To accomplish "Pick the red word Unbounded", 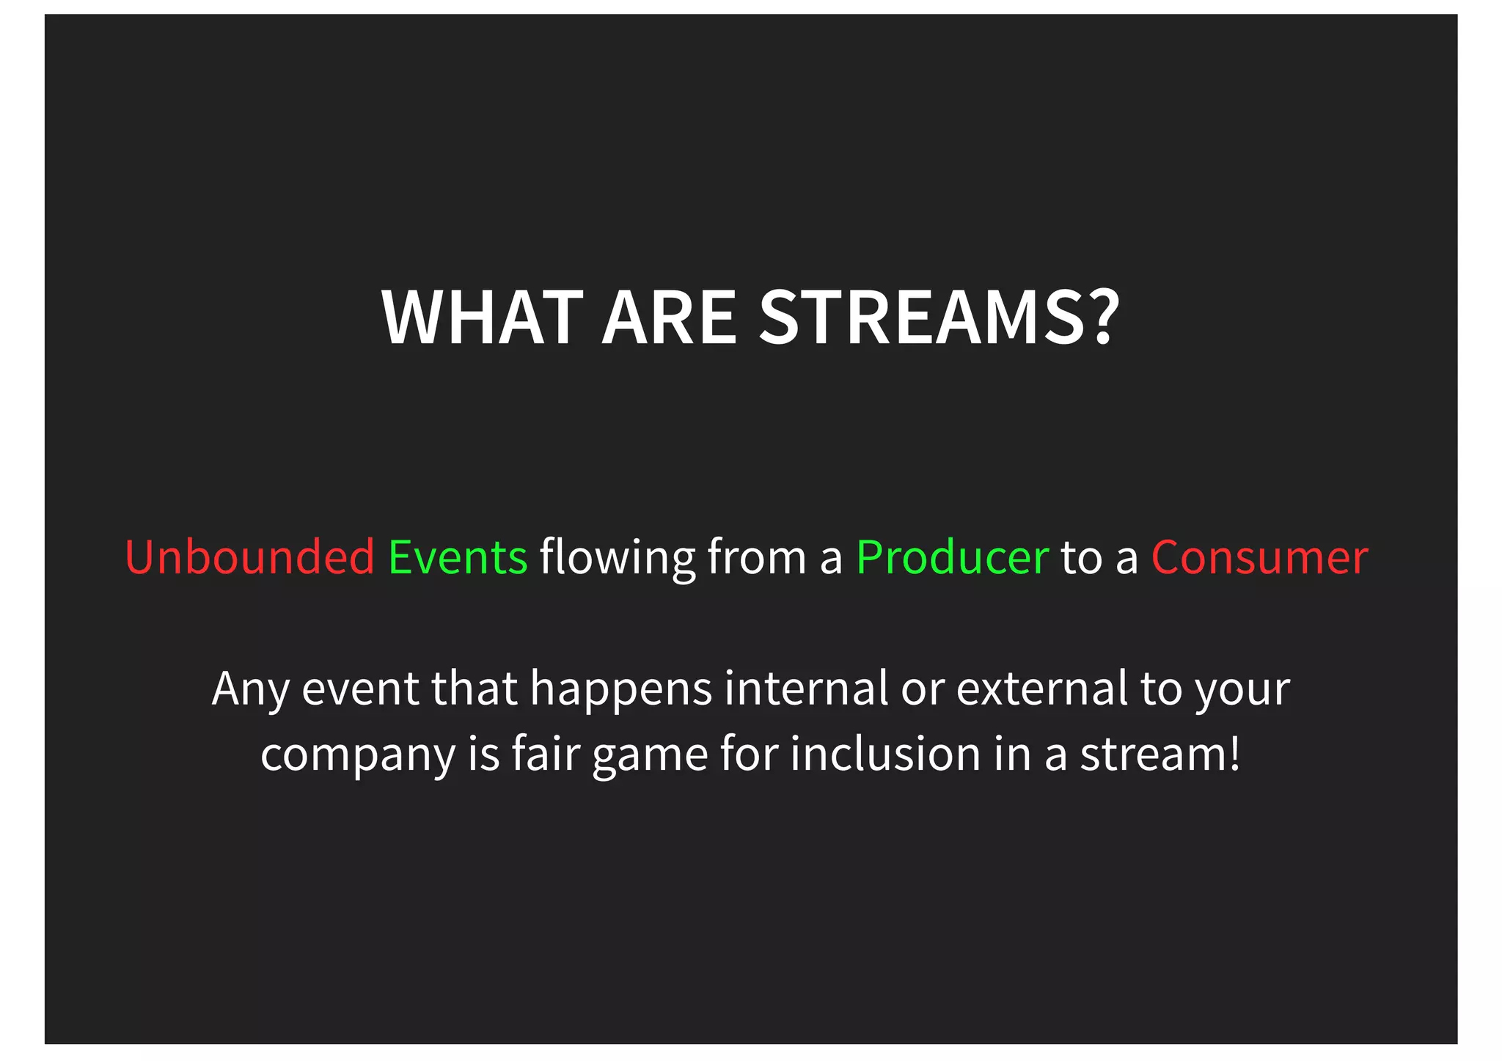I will pyautogui.click(x=249, y=557).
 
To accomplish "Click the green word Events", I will pyautogui.click(x=458, y=557).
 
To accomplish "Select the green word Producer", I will pyautogui.click(x=952, y=557).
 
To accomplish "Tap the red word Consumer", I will pyautogui.click(x=1259, y=557).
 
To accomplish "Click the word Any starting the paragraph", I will pyautogui.click(x=250, y=689).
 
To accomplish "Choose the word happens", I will pyautogui.click(x=620, y=689).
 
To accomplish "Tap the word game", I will pyautogui.click(x=650, y=756).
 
